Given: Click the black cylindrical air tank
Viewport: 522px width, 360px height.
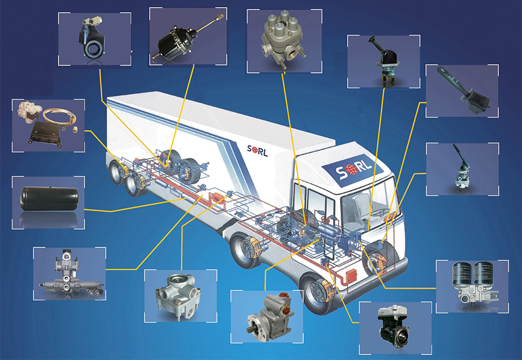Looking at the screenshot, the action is click(49, 199).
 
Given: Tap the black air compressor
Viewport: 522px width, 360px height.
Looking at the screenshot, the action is click(393, 326).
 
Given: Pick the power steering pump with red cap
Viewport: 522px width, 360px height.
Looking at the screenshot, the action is click(271, 316).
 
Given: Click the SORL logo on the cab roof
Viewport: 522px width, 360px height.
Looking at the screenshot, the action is click(354, 169).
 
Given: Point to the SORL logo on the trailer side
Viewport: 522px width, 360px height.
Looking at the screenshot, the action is click(257, 150).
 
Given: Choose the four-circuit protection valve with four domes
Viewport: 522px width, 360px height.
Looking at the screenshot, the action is click(283, 39).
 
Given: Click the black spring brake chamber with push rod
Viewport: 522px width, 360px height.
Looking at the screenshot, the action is click(187, 38).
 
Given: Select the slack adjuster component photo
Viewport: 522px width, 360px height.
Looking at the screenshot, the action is click(91, 38).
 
